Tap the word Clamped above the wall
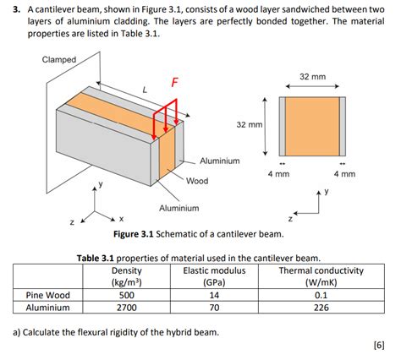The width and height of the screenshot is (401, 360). [x=58, y=59]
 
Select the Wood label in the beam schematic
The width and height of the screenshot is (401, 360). [x=197, y=180]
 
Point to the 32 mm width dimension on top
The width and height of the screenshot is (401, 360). [x=312, y=77]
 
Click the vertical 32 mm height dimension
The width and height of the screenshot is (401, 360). [x=249, y=124]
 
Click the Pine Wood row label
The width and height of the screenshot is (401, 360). [x=43, y=296]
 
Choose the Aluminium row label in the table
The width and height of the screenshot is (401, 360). [x=42, y=309]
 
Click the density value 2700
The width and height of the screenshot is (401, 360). [x=126, y=309]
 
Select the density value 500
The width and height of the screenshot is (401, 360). [x=126, y=296]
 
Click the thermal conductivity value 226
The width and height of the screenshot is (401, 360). [x=321, y=309]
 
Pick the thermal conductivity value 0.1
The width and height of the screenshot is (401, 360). [x=321, y=296]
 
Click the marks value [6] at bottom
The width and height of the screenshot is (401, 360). [x=377, y=345]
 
